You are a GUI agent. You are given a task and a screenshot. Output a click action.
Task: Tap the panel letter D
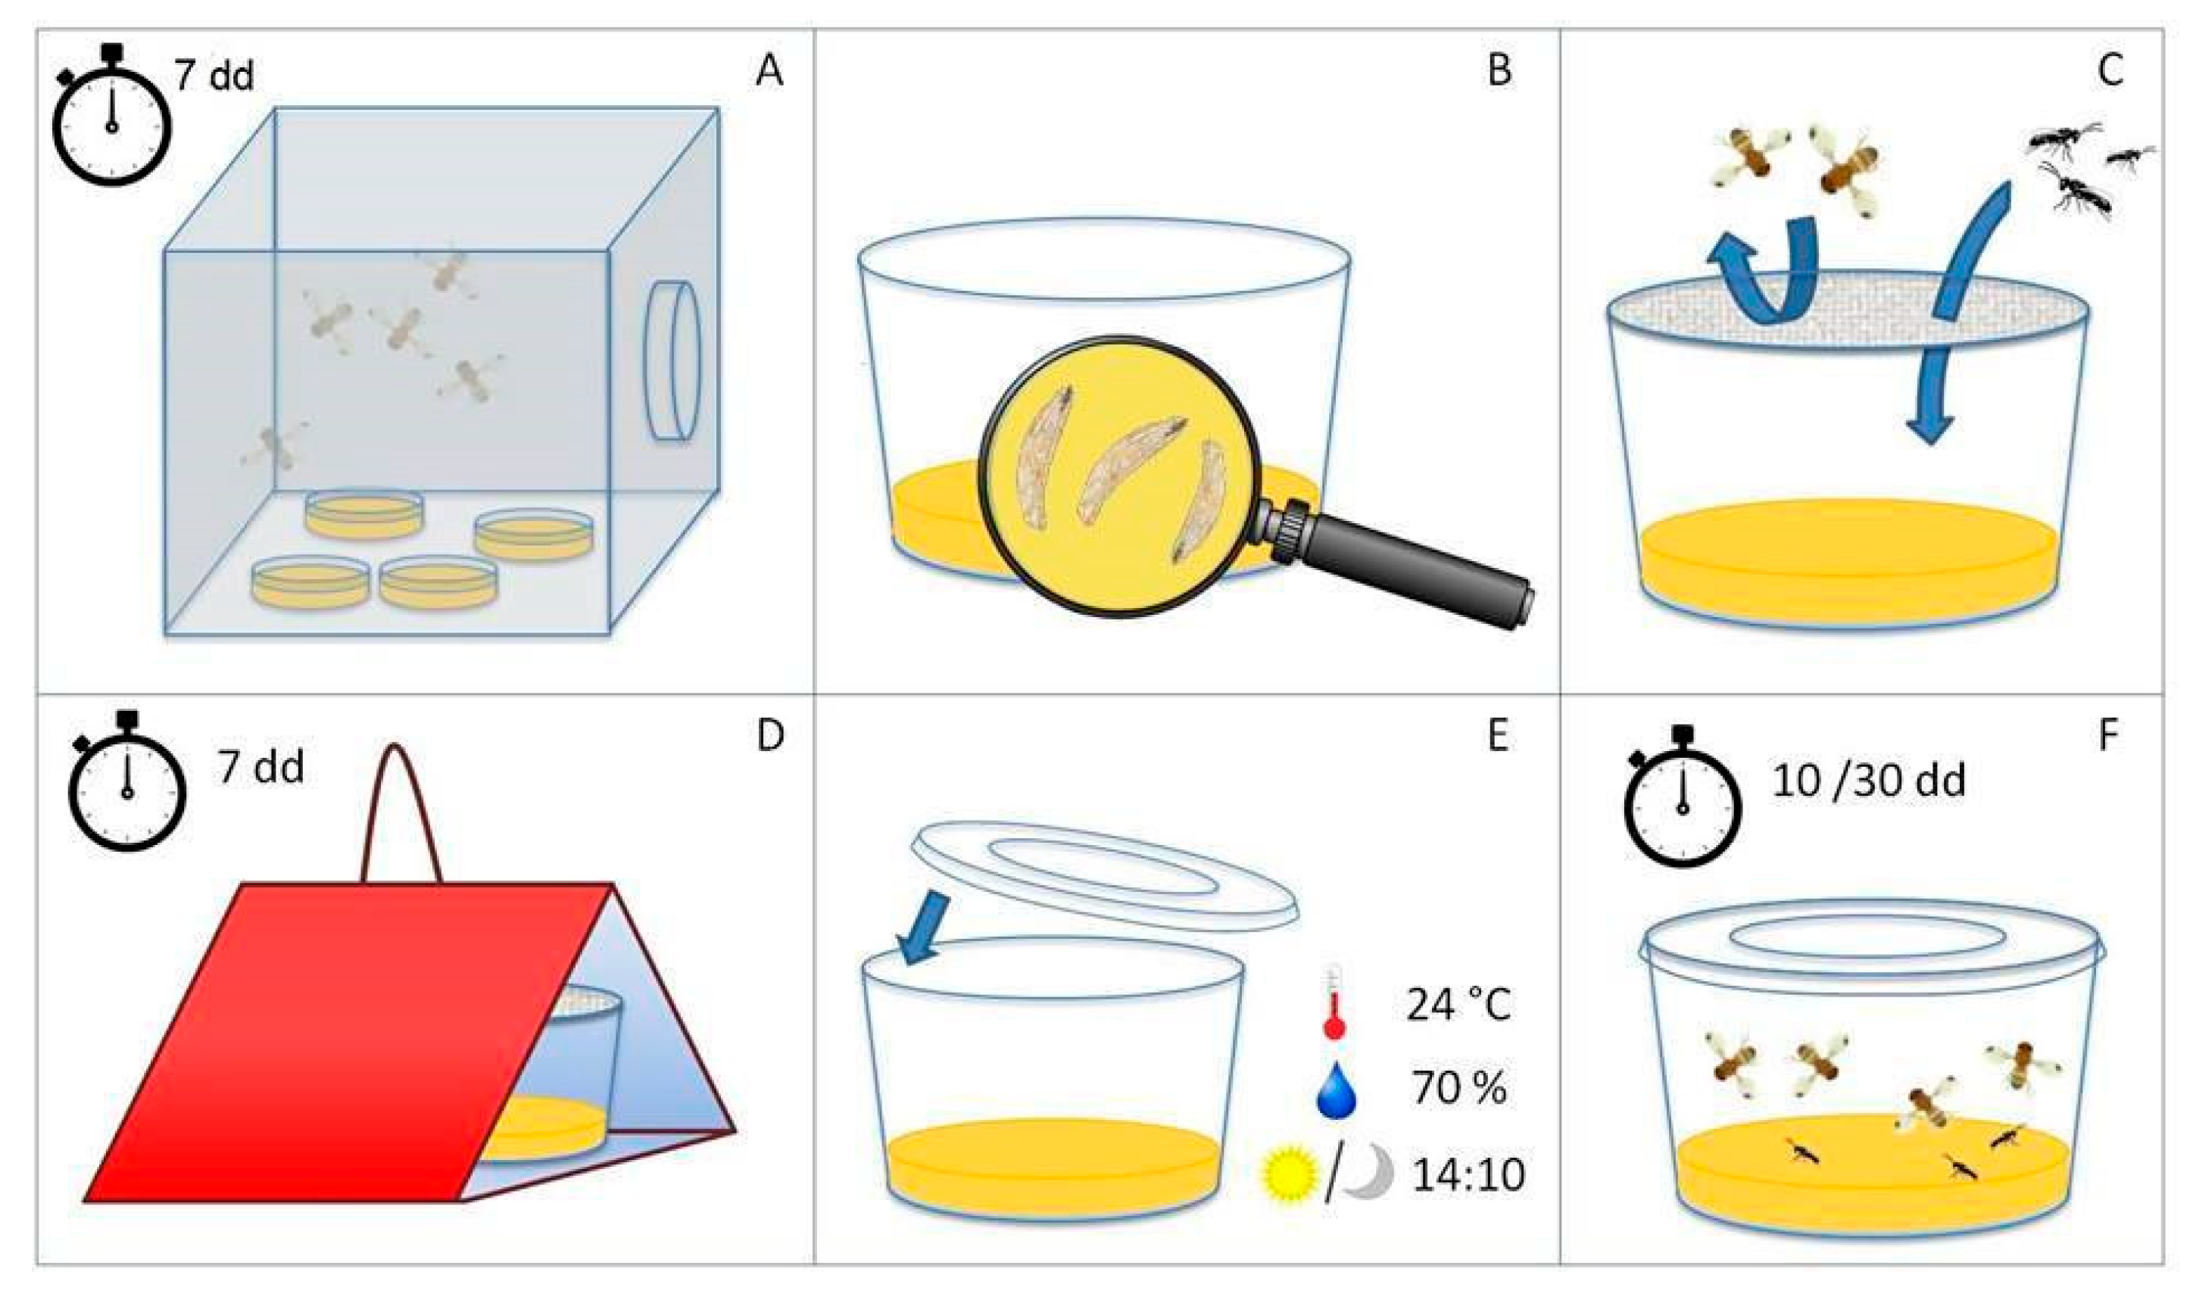pyautogui.click(x=770, y=737)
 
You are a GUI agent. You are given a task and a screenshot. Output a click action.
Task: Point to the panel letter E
pyautogui.click(x=1498, y=737)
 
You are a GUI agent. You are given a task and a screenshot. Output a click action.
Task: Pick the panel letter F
pyautogui.click(x=2109, y=737)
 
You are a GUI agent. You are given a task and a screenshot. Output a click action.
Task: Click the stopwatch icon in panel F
pyautogui.click(x=1681, y=795)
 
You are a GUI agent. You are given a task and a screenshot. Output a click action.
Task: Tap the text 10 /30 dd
pyautogui.click(x=1869, y=781)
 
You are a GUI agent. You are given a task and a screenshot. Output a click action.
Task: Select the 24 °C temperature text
pyautogui.click(x=1458, y=1005)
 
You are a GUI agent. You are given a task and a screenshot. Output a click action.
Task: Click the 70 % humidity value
pyautogui.click(x=1458, y=1089)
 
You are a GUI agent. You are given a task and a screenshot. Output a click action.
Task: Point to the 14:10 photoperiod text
pyautogui.click(x=1469, y=1174)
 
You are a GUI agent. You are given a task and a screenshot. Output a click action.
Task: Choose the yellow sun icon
pyautogui.click(x=1289, y=1174)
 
